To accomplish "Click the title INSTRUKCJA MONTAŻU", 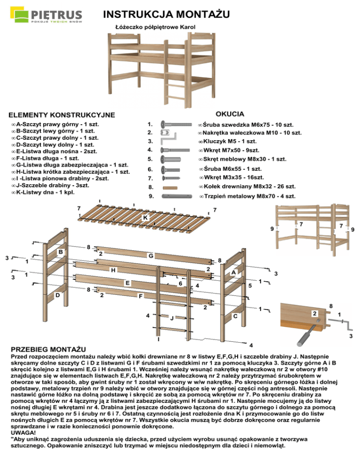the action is click(x=166, y=15).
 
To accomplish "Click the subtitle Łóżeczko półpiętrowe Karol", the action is click(x=155, y=27).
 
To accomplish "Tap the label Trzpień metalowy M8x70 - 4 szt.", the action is click(x=247, y=196).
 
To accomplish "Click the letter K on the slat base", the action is click(x=146, y=218).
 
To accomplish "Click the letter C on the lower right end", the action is click(x=235, y=316).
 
